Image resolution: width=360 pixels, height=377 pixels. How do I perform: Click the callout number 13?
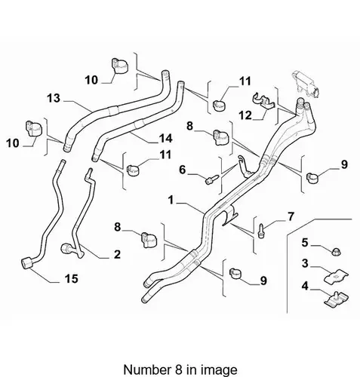coord(54,98)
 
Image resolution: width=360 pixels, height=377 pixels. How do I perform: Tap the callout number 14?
coord(165,138)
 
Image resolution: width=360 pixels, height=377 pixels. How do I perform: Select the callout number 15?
coord(72,278)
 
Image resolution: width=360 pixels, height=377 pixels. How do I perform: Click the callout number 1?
coord(171,201)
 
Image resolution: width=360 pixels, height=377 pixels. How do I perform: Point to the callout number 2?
coord(117,254)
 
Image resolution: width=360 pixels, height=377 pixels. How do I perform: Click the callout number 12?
coord(245,115)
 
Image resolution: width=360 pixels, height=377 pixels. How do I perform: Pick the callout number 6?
coord(183,170)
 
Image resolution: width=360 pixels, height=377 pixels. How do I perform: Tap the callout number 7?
coord(291,216)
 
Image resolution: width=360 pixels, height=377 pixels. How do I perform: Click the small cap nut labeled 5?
coord(335,252)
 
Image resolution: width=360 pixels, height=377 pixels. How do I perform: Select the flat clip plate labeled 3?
coord(336,276)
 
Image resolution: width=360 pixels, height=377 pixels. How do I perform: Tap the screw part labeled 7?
coord(261,231)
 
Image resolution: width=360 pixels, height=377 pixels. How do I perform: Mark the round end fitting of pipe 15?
coord(27,263)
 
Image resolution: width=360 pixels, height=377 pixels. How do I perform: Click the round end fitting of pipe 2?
coord(66,248)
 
